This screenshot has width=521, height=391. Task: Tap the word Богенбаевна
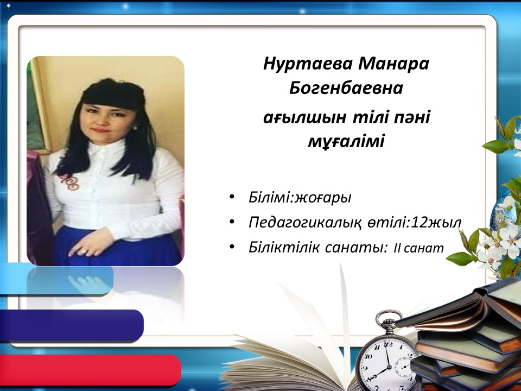[x=346, y=88]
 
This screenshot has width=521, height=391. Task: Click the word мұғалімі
[x=346, y=142]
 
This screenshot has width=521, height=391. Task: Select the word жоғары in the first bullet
[x=323, y=198]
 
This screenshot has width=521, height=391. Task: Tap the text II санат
[x=418, y=248]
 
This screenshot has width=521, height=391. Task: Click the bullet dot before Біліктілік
[x=232, y=247]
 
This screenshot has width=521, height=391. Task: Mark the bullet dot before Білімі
[x=232, y=196]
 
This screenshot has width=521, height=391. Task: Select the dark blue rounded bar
[x=72, y=325]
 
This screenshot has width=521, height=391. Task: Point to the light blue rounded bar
[x=56, y=279]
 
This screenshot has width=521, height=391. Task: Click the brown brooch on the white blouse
[x=71, y=181]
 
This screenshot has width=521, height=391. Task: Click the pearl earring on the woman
[x=135, y=128]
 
